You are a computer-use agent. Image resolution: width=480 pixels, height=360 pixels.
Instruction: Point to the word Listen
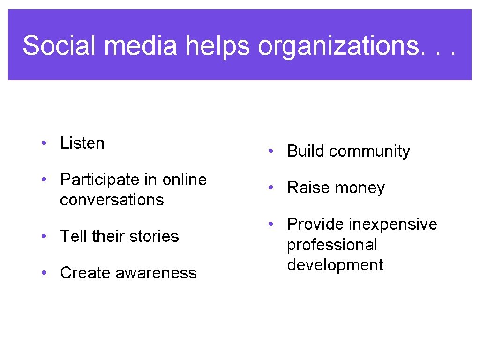82,143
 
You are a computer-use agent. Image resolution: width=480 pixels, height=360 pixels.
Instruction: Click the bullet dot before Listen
43,143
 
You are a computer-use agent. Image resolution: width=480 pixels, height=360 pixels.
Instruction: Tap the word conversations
112,200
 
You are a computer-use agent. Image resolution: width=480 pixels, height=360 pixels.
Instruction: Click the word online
184,180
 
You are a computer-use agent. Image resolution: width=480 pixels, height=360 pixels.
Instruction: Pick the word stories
154,236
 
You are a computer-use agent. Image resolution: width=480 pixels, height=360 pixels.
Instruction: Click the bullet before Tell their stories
43,236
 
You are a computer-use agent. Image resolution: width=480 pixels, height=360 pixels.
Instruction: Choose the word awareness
156,273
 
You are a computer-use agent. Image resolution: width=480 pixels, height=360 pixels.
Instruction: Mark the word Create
85,273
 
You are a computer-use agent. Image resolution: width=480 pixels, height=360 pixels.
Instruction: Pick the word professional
332,245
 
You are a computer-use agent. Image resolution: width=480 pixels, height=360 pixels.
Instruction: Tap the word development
335,265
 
